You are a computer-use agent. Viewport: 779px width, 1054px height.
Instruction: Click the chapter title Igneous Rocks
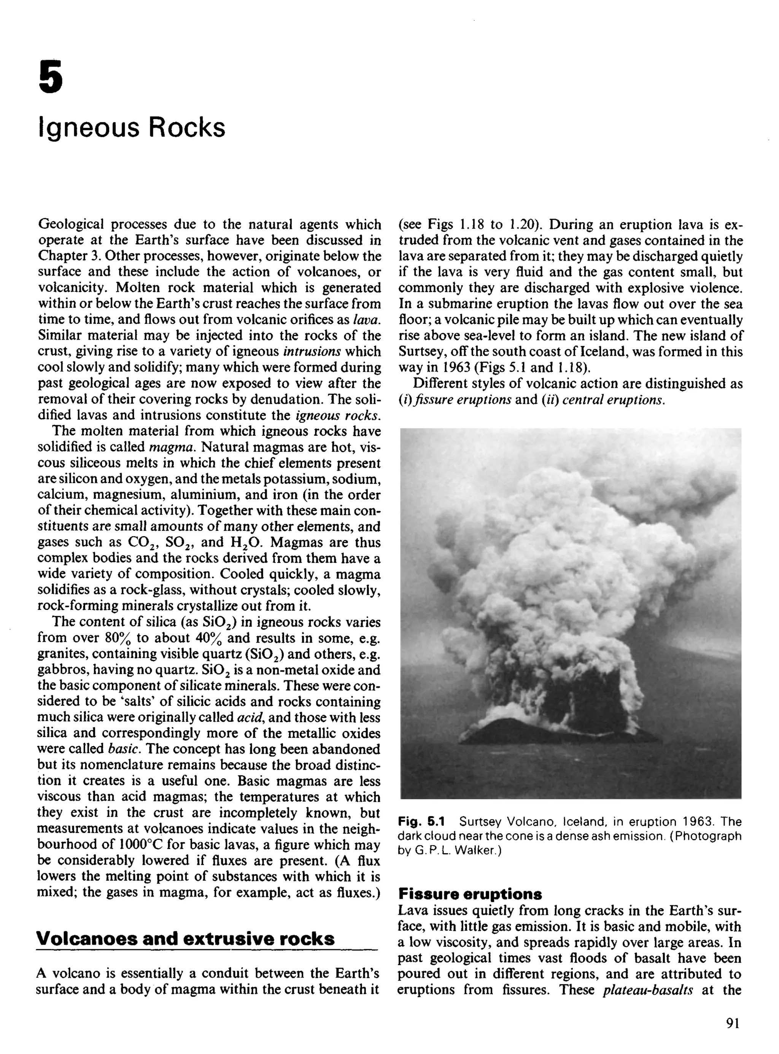[x=132, y=127]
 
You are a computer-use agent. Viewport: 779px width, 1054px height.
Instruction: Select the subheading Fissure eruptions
[x=470, y=894]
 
